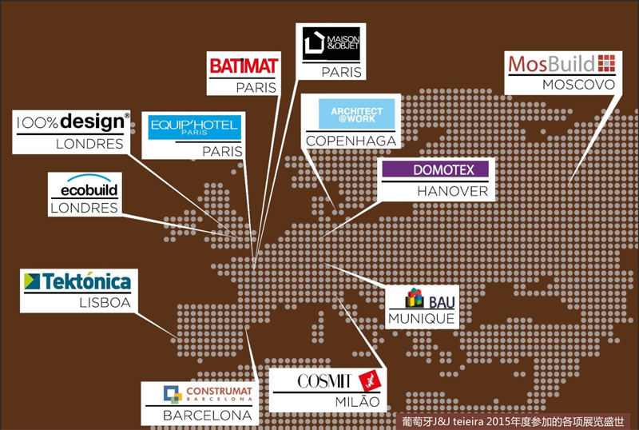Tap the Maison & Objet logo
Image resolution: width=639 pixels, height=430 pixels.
[x=331, y=42]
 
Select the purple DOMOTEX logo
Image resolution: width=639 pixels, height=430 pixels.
[x=438, y=169]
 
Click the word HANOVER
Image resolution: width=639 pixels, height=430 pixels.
[x=452, y=192]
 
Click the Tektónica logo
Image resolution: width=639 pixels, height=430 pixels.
[x=77, y=281]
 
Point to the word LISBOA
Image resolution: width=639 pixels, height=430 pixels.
[x=105, y=304]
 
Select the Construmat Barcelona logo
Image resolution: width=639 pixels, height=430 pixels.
[x=208, y=393]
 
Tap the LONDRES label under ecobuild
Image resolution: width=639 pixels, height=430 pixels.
[x=84, y=209]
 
